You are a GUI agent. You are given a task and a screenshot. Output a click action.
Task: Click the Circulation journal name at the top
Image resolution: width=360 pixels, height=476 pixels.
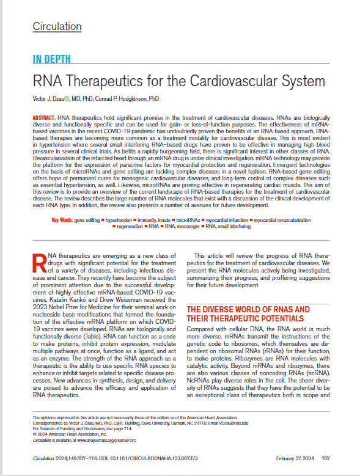coord(57,26)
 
